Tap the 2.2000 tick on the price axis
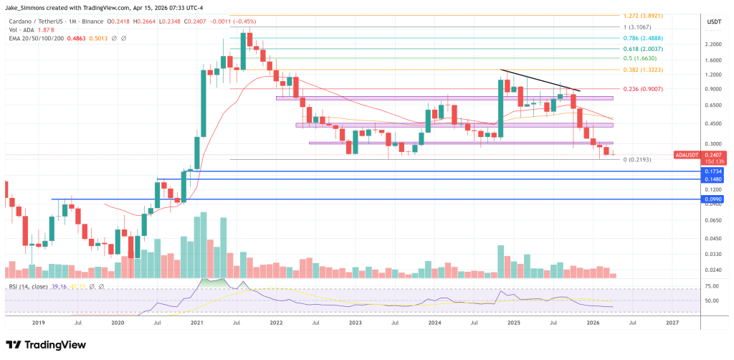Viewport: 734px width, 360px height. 713,44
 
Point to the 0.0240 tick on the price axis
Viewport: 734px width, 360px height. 713,270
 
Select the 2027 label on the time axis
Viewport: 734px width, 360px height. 672,323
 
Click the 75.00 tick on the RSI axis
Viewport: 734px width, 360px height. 712,286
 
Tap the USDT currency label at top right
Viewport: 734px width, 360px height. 715,22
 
